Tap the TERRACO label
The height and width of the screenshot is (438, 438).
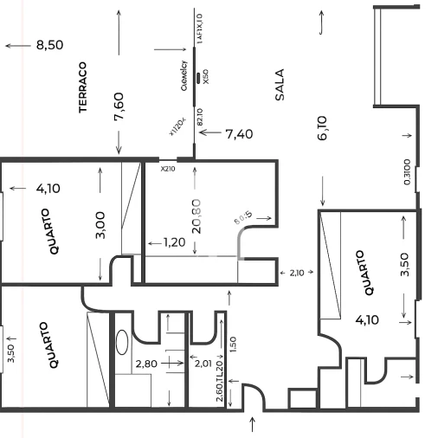coord(84,87)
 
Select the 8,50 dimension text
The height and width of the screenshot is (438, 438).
coord(50,45)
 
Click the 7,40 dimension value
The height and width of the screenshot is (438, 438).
coord(239,133)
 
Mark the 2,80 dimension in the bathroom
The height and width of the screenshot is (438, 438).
coord(145,364)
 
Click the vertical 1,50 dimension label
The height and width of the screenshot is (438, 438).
coord(232,345)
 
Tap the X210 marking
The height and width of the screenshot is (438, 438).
coord(167,169)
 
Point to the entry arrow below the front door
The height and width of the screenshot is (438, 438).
coord(253,423)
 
